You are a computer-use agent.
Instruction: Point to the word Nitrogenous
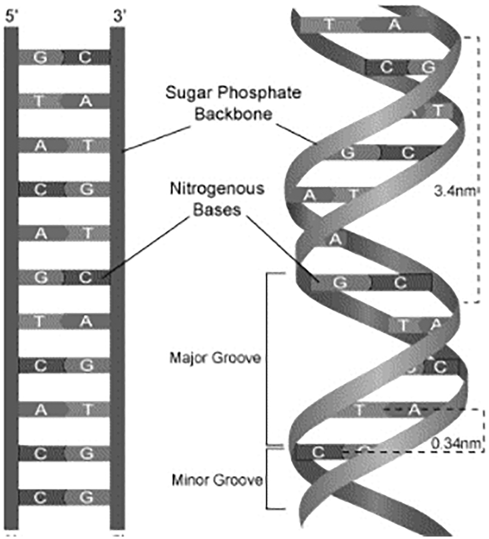[218, 188]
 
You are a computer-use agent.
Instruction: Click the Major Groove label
[215, 357]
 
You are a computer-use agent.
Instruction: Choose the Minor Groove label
[217, 479]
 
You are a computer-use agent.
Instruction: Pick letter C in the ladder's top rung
[84, 57]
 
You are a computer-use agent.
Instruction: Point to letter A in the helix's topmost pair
[394, 24]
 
